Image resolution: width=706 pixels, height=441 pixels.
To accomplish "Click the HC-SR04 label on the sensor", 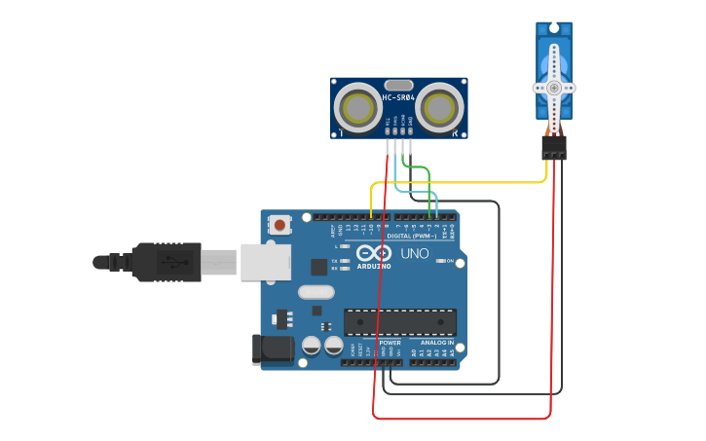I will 398,97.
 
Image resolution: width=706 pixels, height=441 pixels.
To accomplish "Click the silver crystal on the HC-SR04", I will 398,86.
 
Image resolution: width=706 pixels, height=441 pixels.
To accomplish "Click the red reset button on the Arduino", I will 279,225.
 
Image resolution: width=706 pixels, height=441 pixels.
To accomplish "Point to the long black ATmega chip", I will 399,322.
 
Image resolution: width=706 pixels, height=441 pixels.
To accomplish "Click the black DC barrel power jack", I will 273,350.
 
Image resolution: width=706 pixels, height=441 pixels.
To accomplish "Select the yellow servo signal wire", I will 458,182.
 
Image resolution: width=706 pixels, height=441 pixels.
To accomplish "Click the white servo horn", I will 554,87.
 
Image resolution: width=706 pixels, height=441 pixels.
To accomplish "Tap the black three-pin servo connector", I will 554,148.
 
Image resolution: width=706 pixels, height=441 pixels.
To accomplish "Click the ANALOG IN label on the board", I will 436,343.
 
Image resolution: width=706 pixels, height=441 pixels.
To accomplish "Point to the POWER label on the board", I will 390,343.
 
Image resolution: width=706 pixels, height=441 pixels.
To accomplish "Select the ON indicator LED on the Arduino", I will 441,261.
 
